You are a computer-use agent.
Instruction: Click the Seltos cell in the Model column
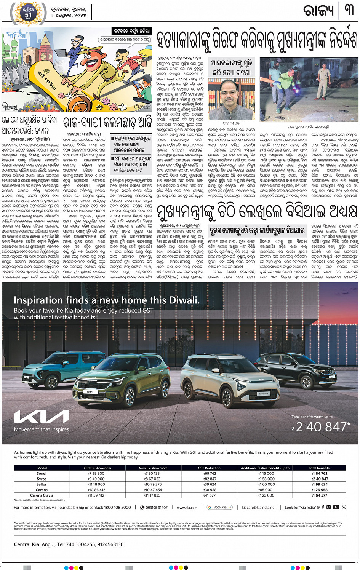(x=42, y=484)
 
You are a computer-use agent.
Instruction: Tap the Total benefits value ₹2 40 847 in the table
(x=319, y=479)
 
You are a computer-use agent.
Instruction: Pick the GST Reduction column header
(x=209, y=468)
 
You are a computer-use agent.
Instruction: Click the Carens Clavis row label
(x=42, y=495)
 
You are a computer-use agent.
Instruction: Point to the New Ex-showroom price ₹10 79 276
(x=152, y=484)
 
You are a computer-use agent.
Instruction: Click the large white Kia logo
(x=42, y=417)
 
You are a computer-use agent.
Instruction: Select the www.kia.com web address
(x=187, y=508)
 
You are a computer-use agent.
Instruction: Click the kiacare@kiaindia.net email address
(x=259, y=508)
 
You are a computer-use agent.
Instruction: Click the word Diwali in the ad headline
(x=182, y=300)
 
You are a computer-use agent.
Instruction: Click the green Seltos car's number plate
(x=90, y=391)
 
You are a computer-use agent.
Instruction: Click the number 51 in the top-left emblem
(x=29, y=15)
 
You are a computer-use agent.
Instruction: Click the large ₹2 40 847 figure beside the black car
(x=322, y=427)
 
